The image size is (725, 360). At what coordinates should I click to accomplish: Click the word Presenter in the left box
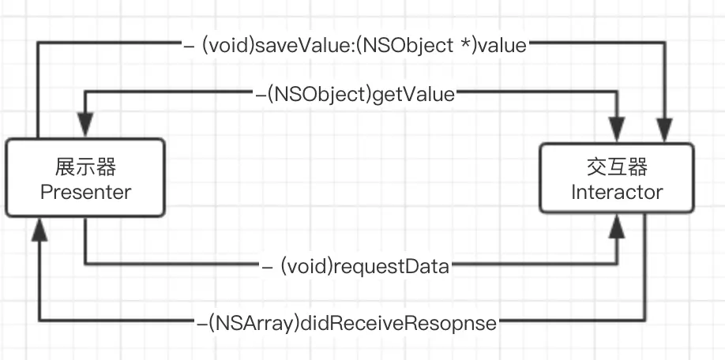point(86,192)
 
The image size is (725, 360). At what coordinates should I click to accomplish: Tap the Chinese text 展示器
point(86,167)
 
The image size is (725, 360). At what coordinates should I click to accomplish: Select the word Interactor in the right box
point(617,193)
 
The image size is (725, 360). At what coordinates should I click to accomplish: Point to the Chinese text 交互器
point(617,167)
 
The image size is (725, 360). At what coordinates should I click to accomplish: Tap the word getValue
point(413,95)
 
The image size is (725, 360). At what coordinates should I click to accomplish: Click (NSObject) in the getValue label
point(320,95)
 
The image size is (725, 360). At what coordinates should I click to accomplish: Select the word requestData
point(391,267)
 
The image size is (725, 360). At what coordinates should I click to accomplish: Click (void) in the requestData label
point(307,267)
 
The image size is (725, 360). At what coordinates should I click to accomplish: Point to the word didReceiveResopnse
point(399,323)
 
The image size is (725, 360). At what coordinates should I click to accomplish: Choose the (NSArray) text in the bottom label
point(254,323)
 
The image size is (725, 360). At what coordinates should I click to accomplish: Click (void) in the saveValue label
point(228,46)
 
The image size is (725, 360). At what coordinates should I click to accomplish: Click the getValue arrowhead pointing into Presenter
point(85,126)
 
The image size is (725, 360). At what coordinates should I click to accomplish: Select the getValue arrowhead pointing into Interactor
point(617,129)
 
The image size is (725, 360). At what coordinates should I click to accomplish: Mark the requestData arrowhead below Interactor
point(617,227)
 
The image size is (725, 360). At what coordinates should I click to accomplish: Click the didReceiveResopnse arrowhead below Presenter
point(39,230)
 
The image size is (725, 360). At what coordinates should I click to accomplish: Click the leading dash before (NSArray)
point(202,324)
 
